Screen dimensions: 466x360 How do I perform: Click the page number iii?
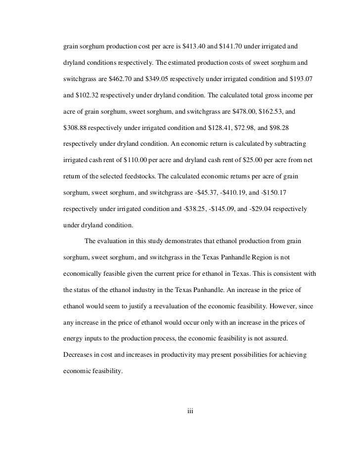coord(190,409)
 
